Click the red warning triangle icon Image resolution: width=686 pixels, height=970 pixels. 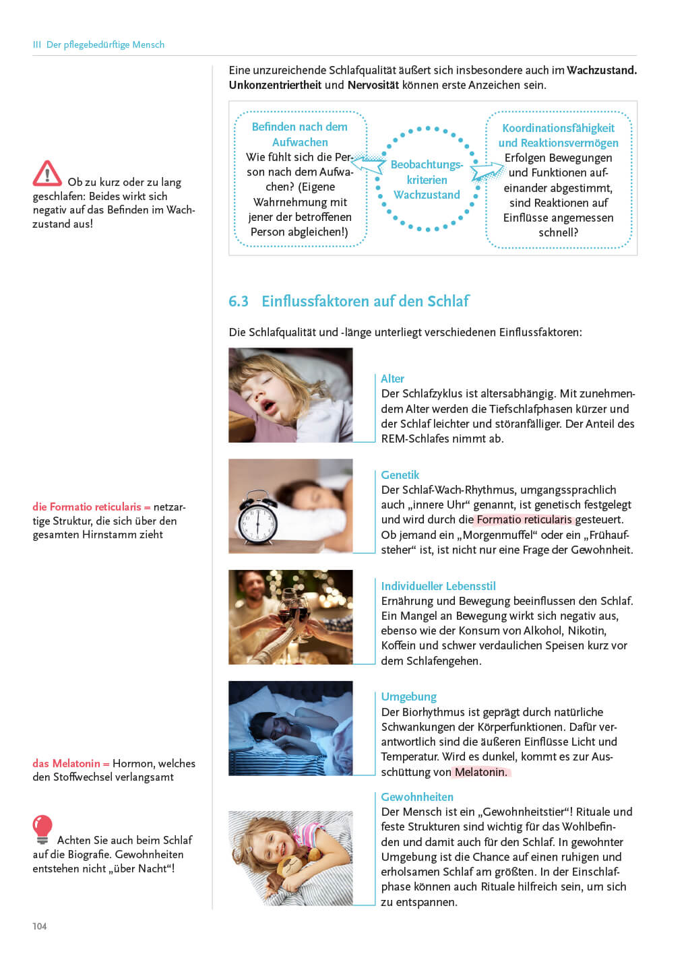pyautogui.click(x=47, y=173)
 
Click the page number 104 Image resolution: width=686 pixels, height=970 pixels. pyautogui.click(x=40, y=926)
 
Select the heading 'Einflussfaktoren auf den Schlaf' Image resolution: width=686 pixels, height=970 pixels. pyautogui.click(x=365, y=301)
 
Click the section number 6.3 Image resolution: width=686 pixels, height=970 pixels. pyautogui.click(x=239, y=301)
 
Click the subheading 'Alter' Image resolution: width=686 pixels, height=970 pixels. pyautogui.click(x=392, y=379)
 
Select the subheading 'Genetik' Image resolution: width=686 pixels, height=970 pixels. pyautogui.click(x=400, y=475)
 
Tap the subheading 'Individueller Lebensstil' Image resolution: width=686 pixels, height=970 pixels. pyautogui.click(x=438, y=586)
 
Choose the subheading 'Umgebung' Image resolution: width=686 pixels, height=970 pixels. pyautogui.click(x=408, y=697)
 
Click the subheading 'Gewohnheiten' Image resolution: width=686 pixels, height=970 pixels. pyautogui.click(x=417, y=797)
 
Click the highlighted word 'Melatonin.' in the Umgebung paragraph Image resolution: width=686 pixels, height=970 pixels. pyautogui.click(x=481, y=772)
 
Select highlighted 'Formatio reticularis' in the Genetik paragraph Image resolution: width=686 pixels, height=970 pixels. pyautogui.click(x=524, y=519)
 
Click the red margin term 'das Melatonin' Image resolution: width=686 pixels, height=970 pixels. pyautogui.click(x=66, y=763)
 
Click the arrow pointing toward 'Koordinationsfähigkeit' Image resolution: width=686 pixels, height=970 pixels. pyautogui.click(x=487, y=172)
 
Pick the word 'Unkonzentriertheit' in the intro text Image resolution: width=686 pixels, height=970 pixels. pyautogui.click(x=275, y=85)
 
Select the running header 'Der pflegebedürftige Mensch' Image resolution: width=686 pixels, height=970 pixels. pyautogui.click(x=105, y=44)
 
